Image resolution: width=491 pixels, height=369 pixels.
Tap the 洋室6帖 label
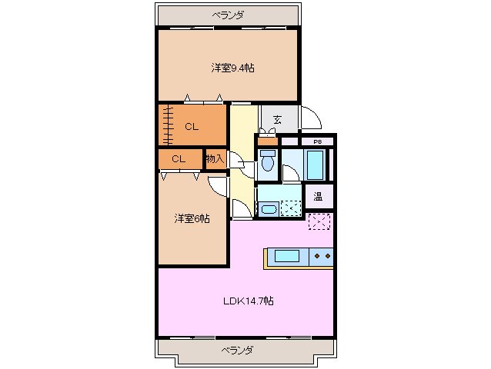[191, 219]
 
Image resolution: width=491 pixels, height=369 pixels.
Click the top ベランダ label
[228, 15]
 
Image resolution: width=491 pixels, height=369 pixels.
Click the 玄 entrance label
[276, 120]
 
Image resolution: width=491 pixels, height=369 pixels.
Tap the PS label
[316, 142]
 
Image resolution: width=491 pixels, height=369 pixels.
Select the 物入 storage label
[215, 159]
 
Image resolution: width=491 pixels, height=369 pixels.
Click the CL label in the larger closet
[192, 127]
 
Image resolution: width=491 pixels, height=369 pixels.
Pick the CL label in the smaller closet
[178, 159]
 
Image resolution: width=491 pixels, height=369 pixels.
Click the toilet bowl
[267, 162]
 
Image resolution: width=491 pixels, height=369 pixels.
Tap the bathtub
[316, 163]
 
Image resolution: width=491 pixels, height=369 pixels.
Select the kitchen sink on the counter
[285, 257]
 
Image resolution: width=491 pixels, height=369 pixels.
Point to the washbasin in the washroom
[269, 209]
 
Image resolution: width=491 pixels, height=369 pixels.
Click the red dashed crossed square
[319, 222]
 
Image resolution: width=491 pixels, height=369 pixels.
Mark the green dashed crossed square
[290, 208]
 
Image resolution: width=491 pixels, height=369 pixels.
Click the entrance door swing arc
[312, 118]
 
